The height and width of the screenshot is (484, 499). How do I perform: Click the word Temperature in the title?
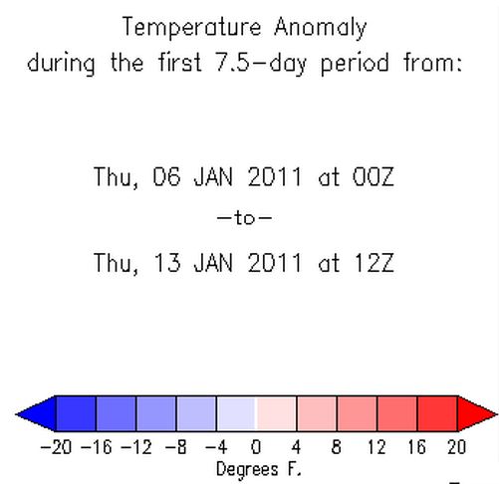tap(191, 28)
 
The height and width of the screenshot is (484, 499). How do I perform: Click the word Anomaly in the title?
tap(321, 28)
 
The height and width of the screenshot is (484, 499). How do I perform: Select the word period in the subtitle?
tap(355, 63)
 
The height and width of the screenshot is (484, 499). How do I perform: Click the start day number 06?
tap(166, 176)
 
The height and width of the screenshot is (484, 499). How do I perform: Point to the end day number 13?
tap(167, 263)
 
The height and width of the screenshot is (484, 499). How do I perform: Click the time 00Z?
tap(373, 176)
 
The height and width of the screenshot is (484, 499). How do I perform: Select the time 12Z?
tap(374, 263)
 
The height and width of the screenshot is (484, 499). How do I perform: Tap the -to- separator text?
tap(244, 218)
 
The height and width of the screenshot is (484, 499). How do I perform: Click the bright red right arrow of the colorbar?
tap(476, 413)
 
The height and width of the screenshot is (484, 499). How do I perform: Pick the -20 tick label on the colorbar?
tap(56, 447)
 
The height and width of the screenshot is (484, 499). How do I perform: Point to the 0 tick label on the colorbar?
tap(256, 447)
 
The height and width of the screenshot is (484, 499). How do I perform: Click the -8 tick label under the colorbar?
tap(176, 447)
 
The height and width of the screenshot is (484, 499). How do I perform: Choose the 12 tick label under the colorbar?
tap(376, 447)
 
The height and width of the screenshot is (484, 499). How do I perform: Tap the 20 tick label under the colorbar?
tap(457, 447)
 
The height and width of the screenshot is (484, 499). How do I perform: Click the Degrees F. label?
tap(259, 470)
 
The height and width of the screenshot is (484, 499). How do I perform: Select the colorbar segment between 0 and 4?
tap(276, 413)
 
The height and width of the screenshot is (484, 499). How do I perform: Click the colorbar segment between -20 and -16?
tap(76, 413)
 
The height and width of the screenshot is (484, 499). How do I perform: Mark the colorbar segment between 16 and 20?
tap(437, 413)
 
